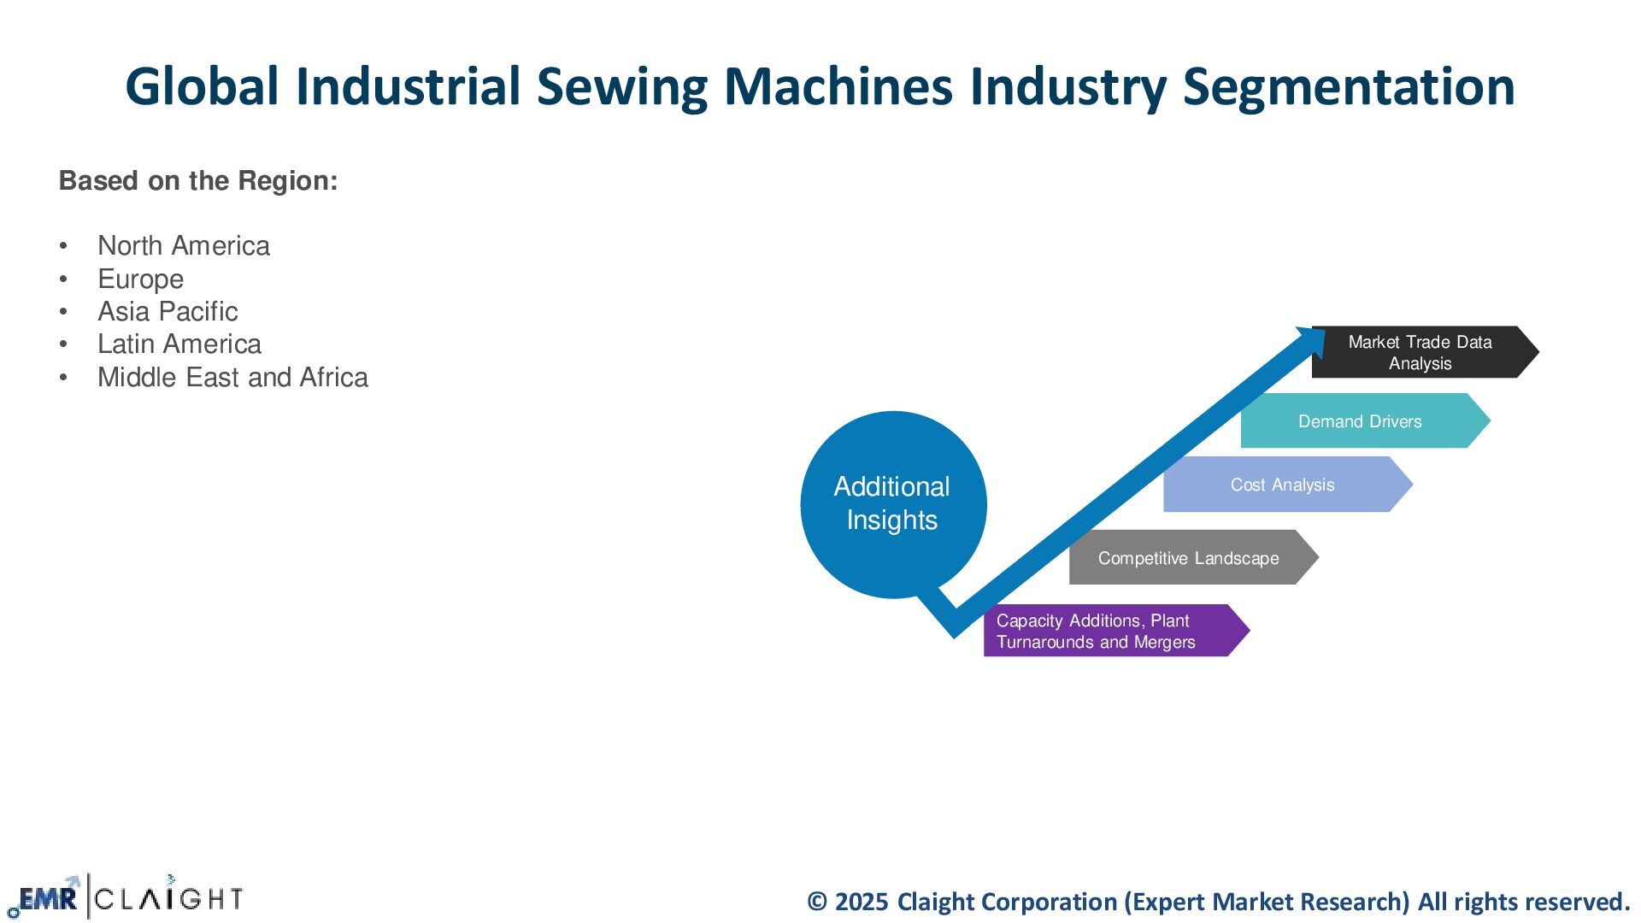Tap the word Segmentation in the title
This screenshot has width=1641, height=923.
coord(1349,86)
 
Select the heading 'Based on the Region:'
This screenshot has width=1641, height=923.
coord(198,180)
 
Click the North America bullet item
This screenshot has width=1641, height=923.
coord(183,246)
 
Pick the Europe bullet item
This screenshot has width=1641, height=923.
coord(140,279)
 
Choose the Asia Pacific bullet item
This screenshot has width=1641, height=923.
coord(168,311)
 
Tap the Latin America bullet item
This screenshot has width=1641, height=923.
coord(179,344)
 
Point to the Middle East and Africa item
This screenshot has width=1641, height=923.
coord(232,377)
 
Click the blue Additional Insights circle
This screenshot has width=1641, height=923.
coord(892,503)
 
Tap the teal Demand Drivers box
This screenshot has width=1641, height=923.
coord(1361,420)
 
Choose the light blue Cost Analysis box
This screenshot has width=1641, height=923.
coord(1283,485)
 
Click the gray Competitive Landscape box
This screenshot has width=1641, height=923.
coord(1189,557)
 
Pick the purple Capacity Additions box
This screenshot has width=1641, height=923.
coord(1107,631)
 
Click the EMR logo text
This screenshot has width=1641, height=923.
coord(48,898)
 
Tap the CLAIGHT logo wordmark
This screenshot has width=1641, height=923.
coord(168,899)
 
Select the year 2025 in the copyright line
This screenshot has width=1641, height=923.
coord(861,902)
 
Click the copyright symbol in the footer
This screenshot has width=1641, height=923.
coord(817,902)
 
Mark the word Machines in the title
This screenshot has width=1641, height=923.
coord(838,86)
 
